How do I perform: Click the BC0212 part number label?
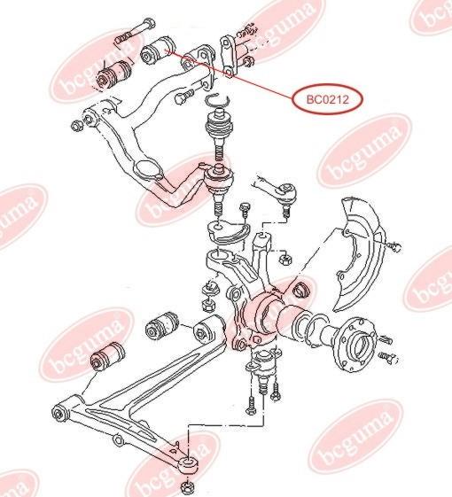(x=327, y=99)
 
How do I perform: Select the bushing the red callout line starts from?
(x=158, y=50)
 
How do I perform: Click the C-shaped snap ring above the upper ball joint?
(x=217, y=100)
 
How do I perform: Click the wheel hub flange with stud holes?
(x=358, y=345)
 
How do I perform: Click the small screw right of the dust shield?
(x=394, y=245)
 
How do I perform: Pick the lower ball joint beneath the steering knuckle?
(x=263, y=367)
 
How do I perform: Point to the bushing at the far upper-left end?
(x=113, y=74)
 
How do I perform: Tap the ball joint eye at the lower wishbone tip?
(x=189, y=464)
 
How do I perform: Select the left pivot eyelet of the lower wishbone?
(x=60, y=413)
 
